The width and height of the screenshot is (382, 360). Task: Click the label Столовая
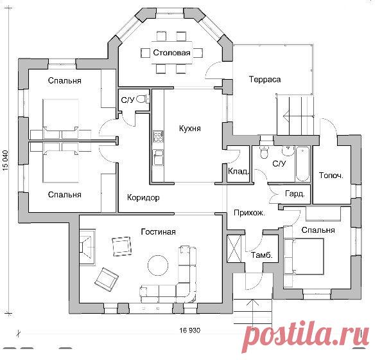click(x=171, y=53)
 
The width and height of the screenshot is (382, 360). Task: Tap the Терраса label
click(x=265, y=80)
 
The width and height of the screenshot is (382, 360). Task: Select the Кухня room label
click(x=190, y=129)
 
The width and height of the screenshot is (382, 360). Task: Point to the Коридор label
click(x=143, y=197)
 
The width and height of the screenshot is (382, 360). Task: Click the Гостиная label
click(x=159, y=231)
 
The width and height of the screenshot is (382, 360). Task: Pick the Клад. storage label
click(x=238, y=172)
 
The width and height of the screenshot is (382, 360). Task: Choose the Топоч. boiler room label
click(x=331, y=175)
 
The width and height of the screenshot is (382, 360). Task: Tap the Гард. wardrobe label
click(x=295, y=194)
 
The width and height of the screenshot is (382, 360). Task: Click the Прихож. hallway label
click(x=250, y=213)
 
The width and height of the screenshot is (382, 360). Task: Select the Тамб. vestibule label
click(x=262, y=255)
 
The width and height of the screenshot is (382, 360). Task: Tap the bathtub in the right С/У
click(x=302, y=164)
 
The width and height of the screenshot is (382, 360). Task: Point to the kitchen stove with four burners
click(x=158, y=136)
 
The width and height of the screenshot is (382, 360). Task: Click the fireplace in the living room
click(x=87, y=246)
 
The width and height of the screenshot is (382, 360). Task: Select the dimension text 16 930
click(x=190, y=330)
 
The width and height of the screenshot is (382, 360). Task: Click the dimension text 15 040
click(x=5, y=159)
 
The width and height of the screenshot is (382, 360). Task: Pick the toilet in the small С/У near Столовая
click(x=143, y=99)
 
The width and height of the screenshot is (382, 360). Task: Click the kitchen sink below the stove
click(x=158, y=157)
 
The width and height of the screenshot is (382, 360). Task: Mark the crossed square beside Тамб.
click(x=234, y=249)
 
